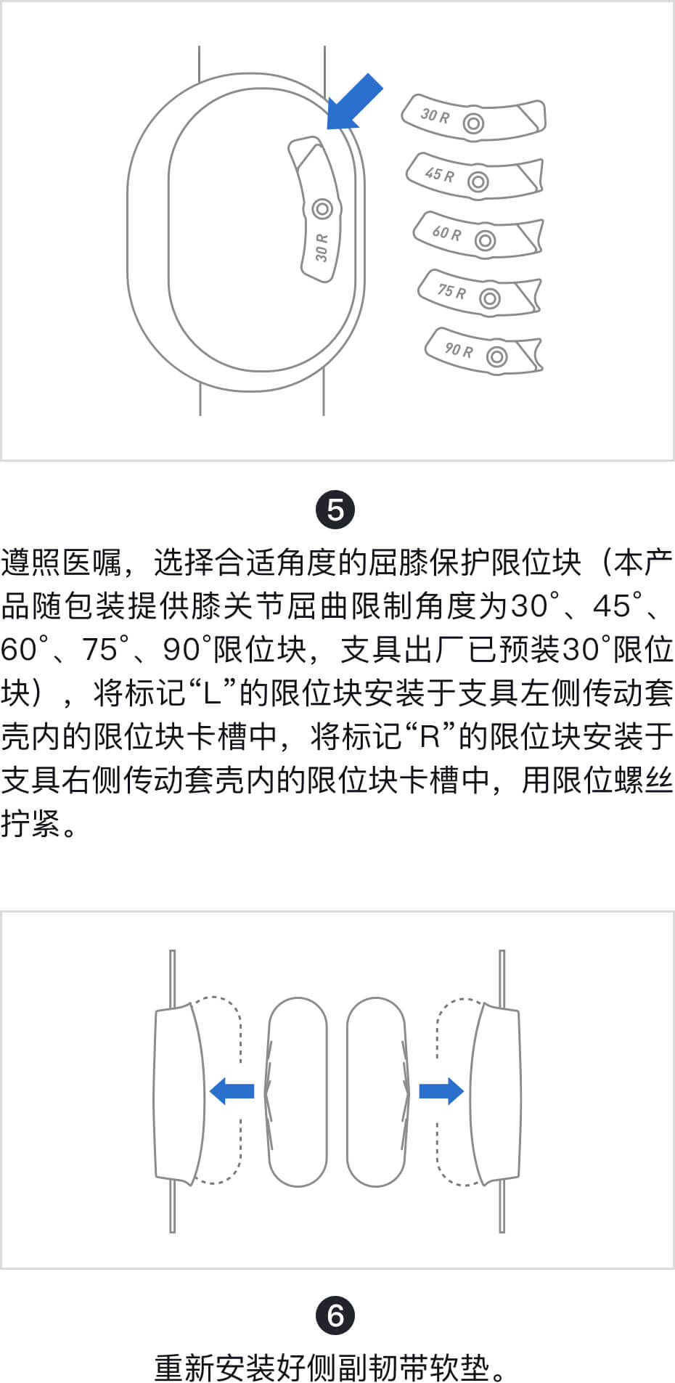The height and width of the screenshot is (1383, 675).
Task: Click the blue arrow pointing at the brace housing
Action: coord(354,102)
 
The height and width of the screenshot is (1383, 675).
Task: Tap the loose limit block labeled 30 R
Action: coord(473,118)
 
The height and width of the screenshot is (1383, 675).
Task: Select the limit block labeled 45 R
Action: coord(475,176)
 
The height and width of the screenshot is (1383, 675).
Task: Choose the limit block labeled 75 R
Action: coord(480,293)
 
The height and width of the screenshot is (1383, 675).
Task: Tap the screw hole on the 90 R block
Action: coord(496,356)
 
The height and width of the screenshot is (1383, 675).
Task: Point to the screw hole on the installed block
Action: coord(322,209)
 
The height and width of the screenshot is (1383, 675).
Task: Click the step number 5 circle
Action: coord(335,510)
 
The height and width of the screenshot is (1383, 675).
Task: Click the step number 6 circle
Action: coord(335,1315)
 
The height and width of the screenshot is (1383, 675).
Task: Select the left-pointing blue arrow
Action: coord(232,1090)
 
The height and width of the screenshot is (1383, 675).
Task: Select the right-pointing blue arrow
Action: coord(441,1090)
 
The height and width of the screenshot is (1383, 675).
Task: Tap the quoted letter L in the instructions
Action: coord(211,693)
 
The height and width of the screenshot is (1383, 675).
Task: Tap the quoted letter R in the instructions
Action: coord(430,737)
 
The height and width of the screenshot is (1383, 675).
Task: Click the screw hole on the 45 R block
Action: coord(478,181)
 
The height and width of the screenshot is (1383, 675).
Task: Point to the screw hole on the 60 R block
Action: coord(485,240)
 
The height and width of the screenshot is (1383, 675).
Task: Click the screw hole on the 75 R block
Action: coord(490,298)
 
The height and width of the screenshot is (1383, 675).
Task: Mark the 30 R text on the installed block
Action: coord(322,248)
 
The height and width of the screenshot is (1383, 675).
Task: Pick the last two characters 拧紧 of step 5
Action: coord(30,824)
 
